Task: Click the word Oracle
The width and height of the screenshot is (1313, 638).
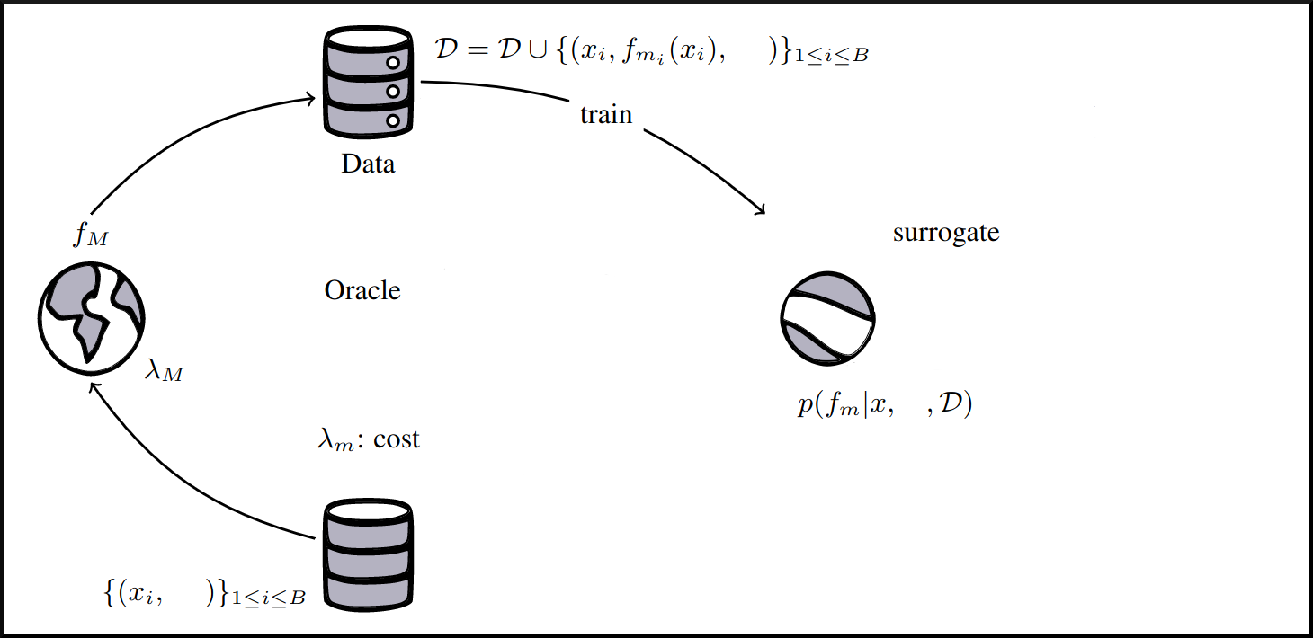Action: click(x=362, y=291)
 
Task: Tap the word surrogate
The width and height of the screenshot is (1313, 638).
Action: click(x=946, y=233)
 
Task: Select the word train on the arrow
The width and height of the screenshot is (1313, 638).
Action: click(x=606, y=115)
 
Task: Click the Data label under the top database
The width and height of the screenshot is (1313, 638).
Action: click(x=368, y=164)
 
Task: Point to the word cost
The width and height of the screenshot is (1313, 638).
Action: click(x=397, y=440)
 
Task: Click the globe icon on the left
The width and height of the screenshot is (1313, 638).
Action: click(x=91, y=317)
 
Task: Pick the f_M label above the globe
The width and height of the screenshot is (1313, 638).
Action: click(x=92, y=237)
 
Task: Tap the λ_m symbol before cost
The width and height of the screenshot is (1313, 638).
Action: click(x=337, y=441)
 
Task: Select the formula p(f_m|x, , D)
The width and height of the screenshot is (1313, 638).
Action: click(x=885, y=405)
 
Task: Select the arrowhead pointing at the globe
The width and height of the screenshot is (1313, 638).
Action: click(x=93, y=388)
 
